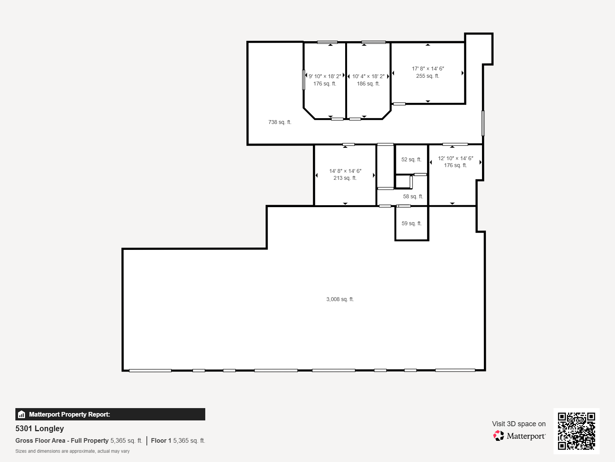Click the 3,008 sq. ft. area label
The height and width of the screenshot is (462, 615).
[340, 299]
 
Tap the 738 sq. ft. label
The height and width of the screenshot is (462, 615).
[279, 122]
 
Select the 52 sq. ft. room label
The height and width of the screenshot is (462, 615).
[411, 159]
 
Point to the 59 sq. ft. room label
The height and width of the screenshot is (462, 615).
[411, 223]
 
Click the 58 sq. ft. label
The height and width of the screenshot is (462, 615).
[413, 196]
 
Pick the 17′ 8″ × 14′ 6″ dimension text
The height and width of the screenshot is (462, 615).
[428, 69]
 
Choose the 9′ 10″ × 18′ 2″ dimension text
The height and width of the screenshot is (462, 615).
[325, 76]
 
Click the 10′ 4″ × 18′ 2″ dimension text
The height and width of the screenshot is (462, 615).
[368, 76]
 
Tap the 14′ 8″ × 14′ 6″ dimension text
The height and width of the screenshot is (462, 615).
[345, 171]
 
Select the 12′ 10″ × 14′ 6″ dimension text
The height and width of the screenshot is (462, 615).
[455, 158]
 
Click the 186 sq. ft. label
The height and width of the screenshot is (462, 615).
[368, 84]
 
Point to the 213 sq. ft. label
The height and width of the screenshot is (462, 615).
[345, 178]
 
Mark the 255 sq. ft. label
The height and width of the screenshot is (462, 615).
[427, 76]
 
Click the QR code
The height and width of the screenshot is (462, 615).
[576, 431]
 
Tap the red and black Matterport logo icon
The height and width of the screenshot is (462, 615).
[499, 436]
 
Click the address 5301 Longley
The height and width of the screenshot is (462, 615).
[40, 429]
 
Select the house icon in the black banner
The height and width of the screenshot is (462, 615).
[22, 414]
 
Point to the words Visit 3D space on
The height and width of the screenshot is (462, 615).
[519, 423]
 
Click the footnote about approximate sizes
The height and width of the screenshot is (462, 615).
[72, 451]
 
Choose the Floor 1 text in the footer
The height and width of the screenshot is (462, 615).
[161, 440]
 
